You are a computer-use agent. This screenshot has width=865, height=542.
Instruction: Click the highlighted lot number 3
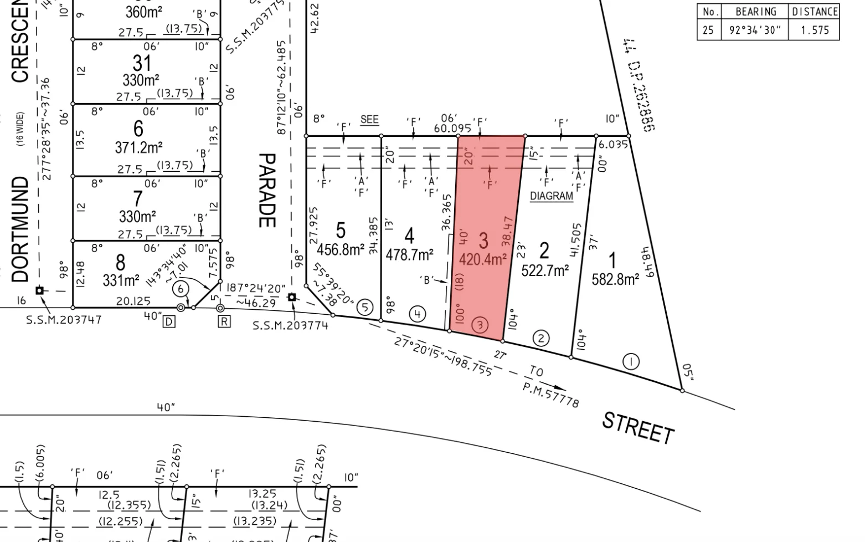tap(483, 241)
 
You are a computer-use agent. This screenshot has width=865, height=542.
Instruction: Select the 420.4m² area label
tap(483, 259)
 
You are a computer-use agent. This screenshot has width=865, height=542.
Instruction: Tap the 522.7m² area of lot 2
tap(545, 270)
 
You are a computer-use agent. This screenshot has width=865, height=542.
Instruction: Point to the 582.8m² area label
tap(615, 279)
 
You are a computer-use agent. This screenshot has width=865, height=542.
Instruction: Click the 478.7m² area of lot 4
tap(409, 255)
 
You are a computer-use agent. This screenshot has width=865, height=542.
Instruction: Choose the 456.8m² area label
tap(340, 249)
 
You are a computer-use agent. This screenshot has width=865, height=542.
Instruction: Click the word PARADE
tap(267, 190)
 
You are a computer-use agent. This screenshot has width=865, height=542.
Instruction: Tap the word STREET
tap(638, 428)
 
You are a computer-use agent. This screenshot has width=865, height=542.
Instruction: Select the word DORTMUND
tap(20, 229)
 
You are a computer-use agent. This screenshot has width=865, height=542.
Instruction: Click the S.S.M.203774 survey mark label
tap(290, 326)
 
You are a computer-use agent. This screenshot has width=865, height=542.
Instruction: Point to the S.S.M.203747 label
tap(64, 320)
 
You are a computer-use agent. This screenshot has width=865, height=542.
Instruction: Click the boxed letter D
tap(169, 321)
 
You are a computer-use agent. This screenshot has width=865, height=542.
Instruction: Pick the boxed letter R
tap(224, 321)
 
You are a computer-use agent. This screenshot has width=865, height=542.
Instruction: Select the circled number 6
tap(181, 289)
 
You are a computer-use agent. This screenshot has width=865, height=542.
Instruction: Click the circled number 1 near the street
tap(631, 362)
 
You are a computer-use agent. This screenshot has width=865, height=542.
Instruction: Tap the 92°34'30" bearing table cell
tap(755, 30)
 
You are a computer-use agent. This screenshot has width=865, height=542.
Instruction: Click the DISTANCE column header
tap(815, 12)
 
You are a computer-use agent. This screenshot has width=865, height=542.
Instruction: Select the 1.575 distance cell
tap(815, 30)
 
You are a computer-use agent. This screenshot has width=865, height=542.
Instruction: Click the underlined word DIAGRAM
tap(551, 196)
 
